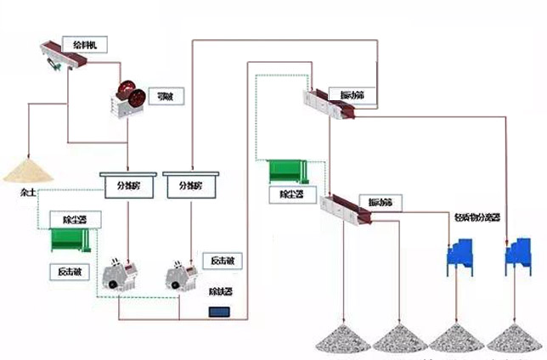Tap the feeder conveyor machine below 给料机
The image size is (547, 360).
click(65, 55)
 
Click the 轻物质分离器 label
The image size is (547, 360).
click(478, 218)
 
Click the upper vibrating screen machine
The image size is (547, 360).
click(330, 104)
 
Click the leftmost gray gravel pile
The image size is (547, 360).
click(341, 337)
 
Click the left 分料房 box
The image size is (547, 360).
click(127, 183)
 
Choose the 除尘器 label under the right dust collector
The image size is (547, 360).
click(292, 194)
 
